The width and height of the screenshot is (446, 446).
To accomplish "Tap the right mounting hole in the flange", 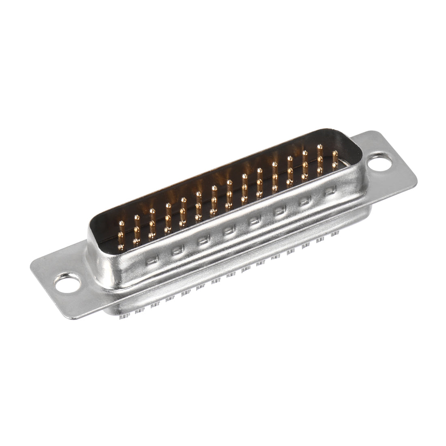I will point(381,164).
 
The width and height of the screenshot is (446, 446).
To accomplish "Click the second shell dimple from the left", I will point(177,251).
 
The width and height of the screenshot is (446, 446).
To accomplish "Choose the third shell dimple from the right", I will point(279,210).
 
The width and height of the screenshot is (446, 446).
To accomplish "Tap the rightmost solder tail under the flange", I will point(337,234).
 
